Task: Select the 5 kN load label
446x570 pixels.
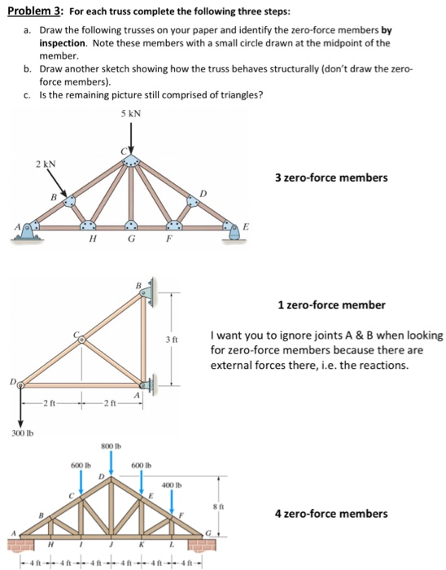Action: click(129, 113)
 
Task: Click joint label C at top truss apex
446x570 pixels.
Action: click(123, 150)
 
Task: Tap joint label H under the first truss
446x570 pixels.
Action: click(91, 239)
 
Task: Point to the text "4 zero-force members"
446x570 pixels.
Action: click(330, 514)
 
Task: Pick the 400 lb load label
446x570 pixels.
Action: click(173, 484)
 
